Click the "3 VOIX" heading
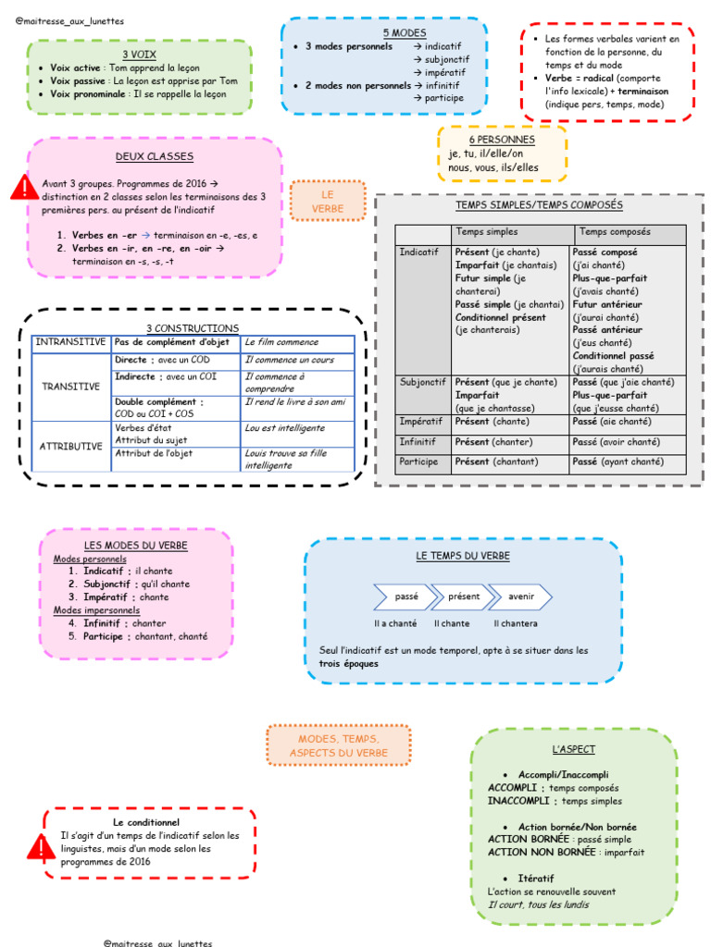tap(139, 55)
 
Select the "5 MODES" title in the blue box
tap(384, 32)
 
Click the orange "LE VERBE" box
tap(327, 202)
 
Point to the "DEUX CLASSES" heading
tap(155, 157)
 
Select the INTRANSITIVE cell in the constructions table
tap(70, 342)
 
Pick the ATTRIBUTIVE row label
tap(70, 446)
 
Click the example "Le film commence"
tap(281, 342)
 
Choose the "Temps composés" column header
tap(615, 232)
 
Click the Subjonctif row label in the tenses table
tap(422, 382)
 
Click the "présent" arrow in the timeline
tap(464, 596)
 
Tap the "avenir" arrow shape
tap(521, 596)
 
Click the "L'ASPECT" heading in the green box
tap(573, 748)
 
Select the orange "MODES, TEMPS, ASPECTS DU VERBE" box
tap(339, 745)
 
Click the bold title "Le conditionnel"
tap(146, 821)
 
